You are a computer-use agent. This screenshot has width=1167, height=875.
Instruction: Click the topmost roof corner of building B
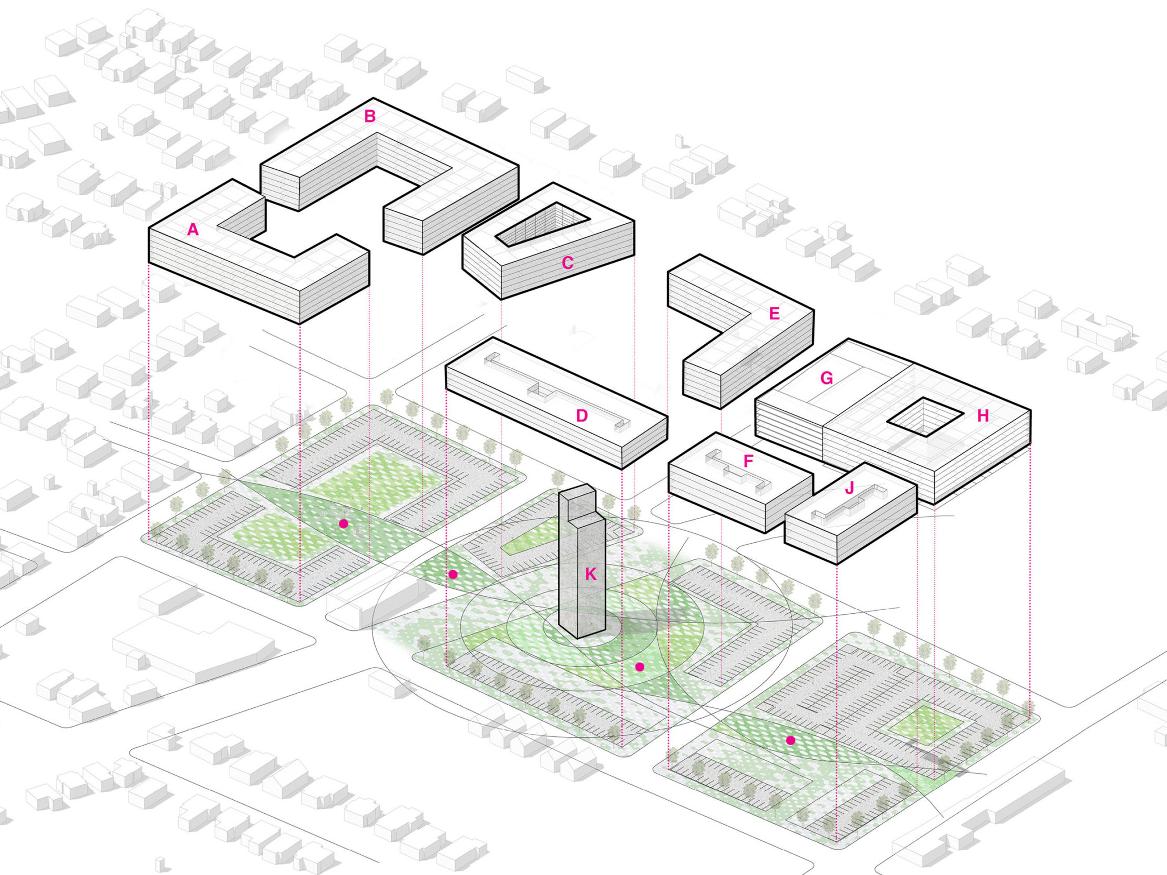[374, 98]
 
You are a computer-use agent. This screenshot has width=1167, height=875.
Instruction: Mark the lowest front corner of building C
[501, 299]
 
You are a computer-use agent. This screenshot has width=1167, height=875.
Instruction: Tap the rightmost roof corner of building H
[1030, 409]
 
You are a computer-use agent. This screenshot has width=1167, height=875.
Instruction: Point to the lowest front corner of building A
[300, 324]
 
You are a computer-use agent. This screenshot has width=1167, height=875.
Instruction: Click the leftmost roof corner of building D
[446, 366]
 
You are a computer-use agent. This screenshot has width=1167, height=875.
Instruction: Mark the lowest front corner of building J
[837, 564]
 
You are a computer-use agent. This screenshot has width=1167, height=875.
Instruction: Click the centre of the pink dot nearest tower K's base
[640, 667]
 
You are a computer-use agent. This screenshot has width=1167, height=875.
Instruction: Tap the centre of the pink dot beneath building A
[343, 524]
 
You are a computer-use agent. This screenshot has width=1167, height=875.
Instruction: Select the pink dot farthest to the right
[790, 740]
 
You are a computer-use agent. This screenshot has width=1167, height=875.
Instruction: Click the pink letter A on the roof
[193, 230]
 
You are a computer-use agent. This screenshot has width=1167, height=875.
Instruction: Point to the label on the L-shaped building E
[775, 314]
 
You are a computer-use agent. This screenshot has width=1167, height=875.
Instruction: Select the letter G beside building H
[827, 378]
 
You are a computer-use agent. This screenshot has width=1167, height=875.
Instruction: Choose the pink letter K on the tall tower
[591, 574]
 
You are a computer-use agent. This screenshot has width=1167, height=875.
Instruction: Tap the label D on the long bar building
[582, 415]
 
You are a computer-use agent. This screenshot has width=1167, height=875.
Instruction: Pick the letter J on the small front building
[850, 488]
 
